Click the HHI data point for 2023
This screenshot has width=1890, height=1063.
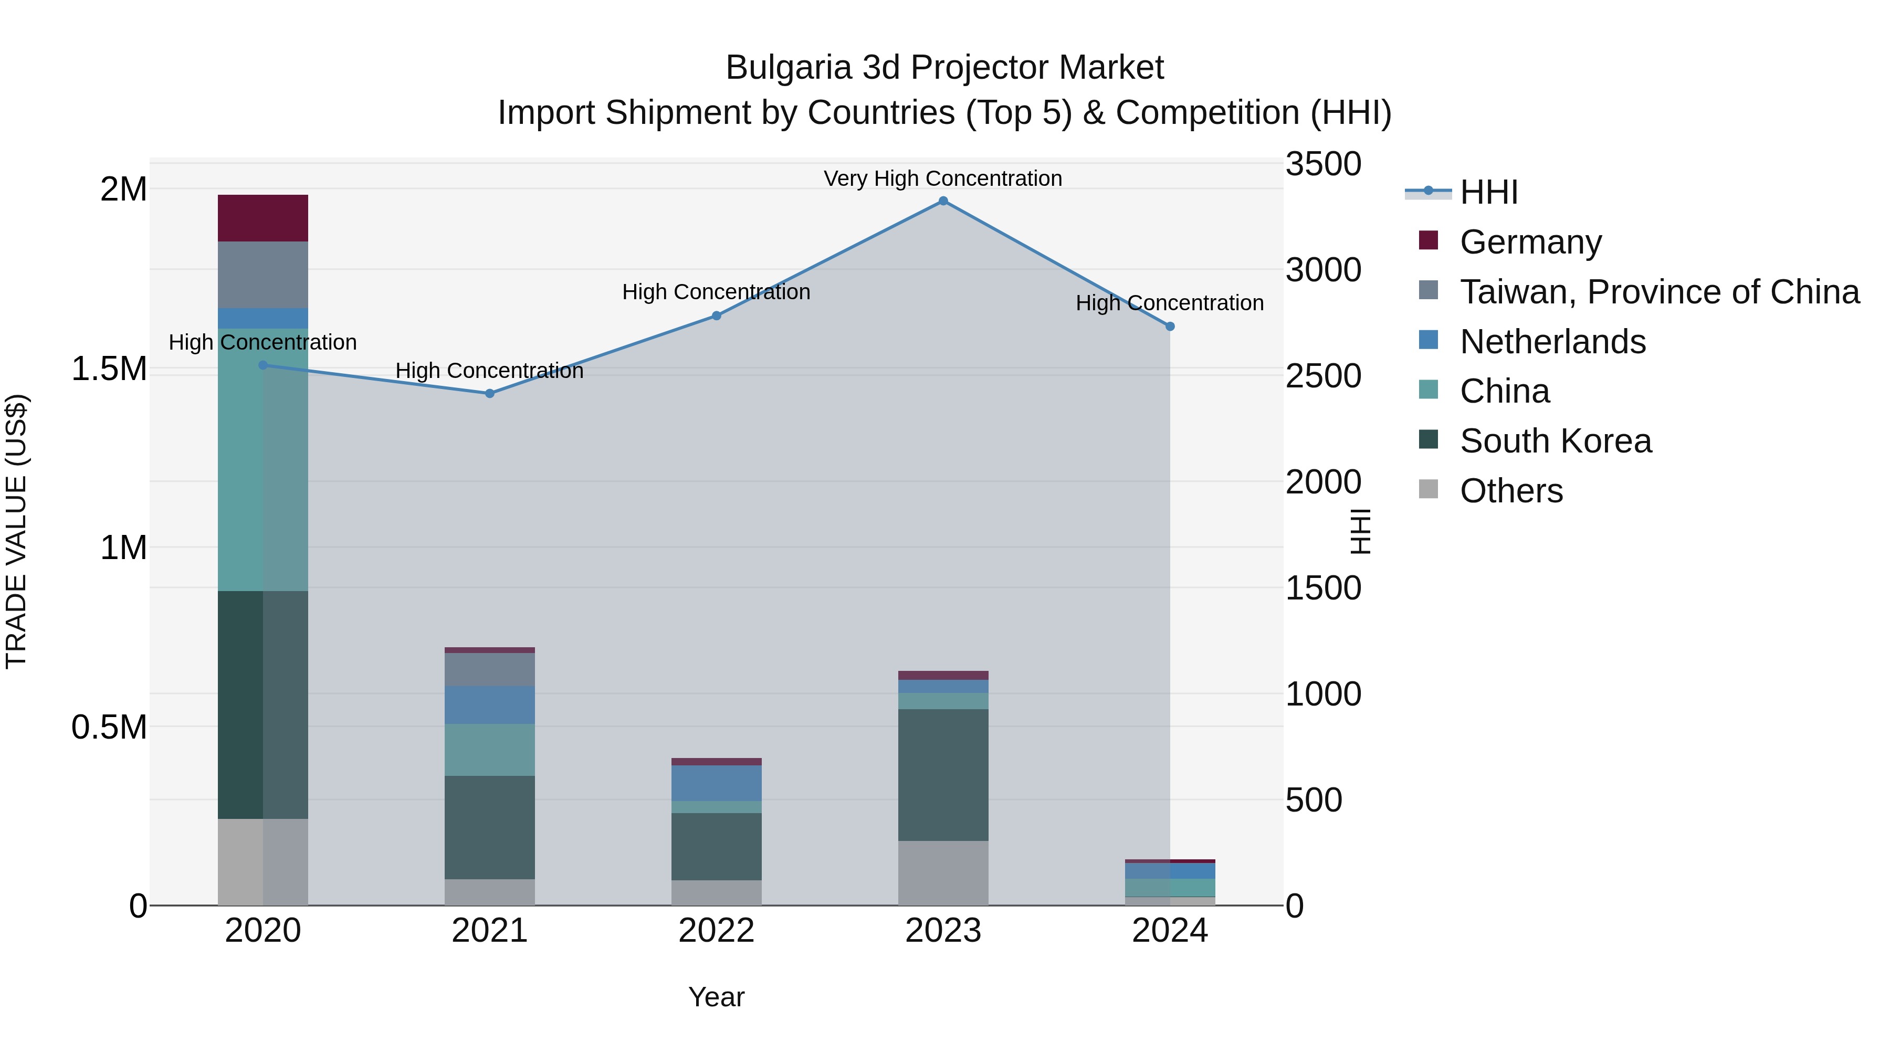point(943,201)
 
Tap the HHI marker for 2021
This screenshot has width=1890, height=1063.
point(490,393)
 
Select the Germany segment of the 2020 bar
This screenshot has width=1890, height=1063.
point(262,218)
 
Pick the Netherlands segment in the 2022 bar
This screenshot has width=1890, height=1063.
point(716,783)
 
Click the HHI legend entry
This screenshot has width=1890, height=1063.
point(1488,192)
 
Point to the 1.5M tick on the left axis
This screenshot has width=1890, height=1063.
point(109,369)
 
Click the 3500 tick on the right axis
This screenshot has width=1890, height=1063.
point(1323,164)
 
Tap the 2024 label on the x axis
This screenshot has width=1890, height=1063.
point(1170,930)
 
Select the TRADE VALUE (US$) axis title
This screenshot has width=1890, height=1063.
point(16,531)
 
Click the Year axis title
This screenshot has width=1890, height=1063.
point(716,997)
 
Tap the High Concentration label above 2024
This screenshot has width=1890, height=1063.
point(1170,303)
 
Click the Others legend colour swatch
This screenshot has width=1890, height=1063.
point(1428,489)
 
